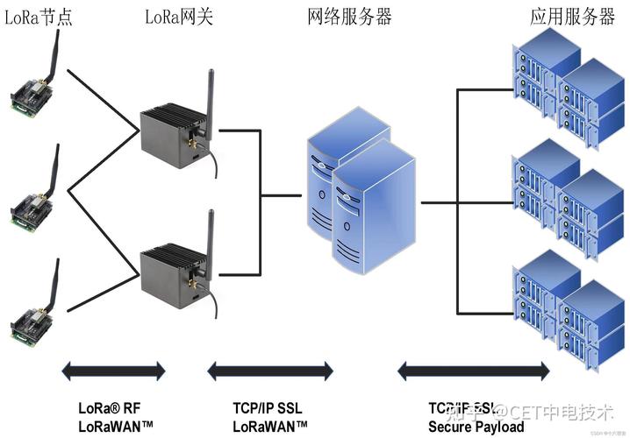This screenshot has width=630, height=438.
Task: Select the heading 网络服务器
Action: tap(349, 16)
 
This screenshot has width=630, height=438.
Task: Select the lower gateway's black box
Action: tap(172, 272)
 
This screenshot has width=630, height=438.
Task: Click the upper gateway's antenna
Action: tap(209, 96)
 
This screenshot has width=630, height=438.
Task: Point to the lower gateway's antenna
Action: tap(210, 237)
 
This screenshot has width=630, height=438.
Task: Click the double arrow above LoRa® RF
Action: tap(113, 371)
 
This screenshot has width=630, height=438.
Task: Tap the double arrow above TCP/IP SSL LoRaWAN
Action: tap(270, 371)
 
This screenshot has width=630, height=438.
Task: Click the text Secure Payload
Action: tap(476, 427)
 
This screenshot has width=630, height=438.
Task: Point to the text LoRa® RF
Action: tap(108, 408)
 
